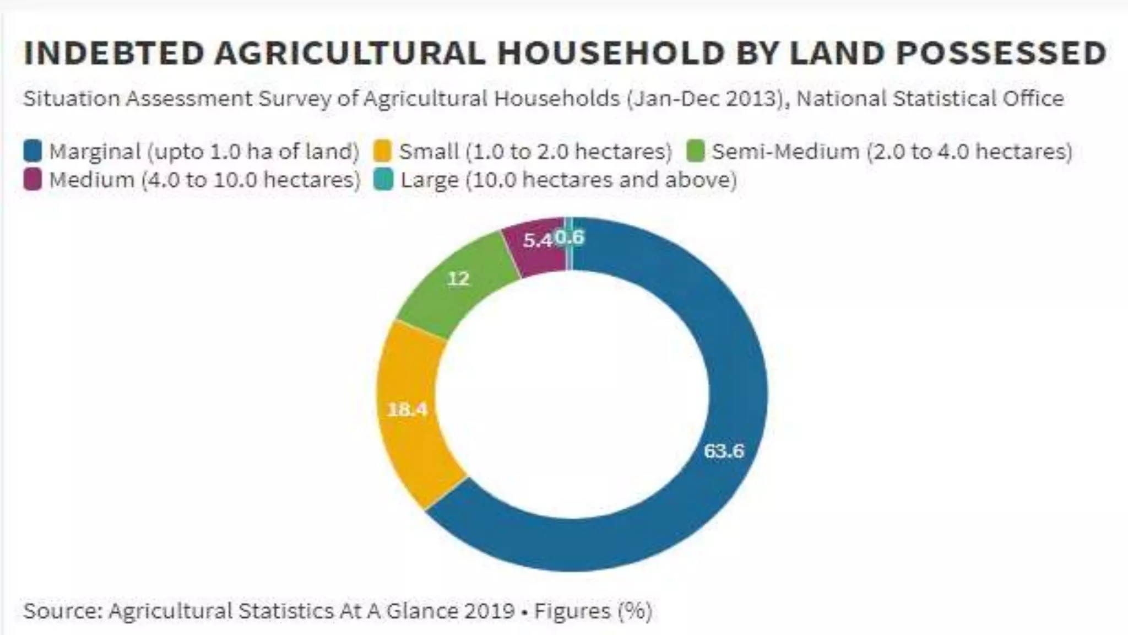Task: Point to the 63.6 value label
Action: tap(724, 451)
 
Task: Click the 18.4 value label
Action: tap(407, 409)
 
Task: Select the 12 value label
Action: tap(458, 278)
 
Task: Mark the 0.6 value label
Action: tap(570, 237)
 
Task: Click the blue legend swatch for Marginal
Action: tap(33, 151)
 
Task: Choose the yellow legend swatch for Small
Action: tap(382, 151)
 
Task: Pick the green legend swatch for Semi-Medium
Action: tap(696, 151)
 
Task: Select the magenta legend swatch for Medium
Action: tap(33, 180)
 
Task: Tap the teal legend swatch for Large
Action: tap(382, 180)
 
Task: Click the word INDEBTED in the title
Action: tap(114, 53)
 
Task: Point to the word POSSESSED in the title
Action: tap(1001, 53)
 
